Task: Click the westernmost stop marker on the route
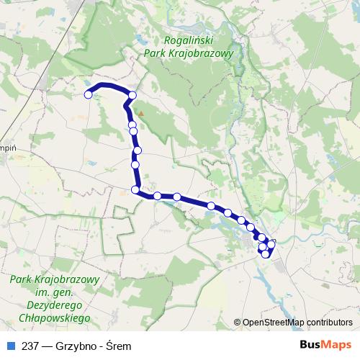tap(89, 94)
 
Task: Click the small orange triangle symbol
tap(143, 113)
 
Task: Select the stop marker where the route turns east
tap(135, 189)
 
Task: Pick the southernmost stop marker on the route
tap(266, 254)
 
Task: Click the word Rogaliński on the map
tap(189, 40)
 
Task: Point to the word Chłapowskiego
tap(55, 317)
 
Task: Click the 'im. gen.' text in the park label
tap(55, 292)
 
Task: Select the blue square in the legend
tap(9, 346)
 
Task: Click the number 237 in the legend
tap(30, 346)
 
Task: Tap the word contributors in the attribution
tap(329, 323)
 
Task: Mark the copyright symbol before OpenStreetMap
tap(238, 323)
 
